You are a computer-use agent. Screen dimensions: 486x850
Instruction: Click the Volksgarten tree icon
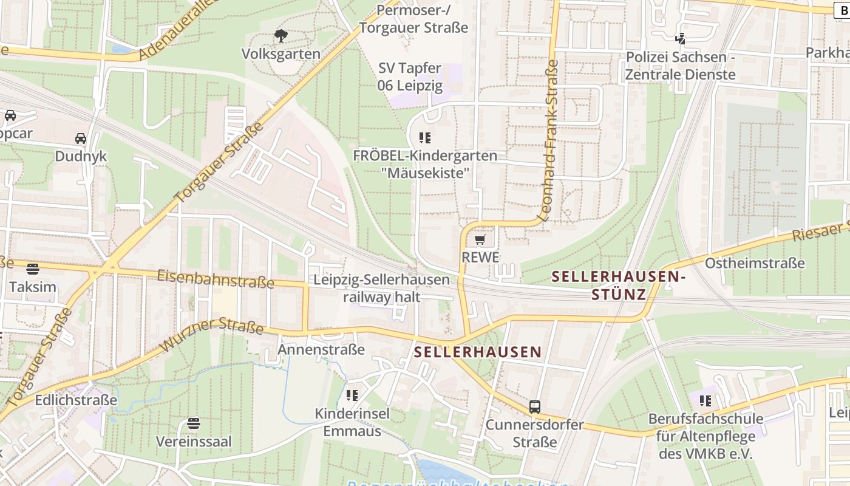pyautogui.click(x=281, y=36)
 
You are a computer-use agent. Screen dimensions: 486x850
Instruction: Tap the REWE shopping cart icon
pyautogui.click(x=480, y=240)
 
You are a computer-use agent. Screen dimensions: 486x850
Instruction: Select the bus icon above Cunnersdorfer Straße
pyautogui.click(x=535, y=406)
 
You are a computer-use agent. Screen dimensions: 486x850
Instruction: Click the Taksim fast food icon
pyautogui.click(x=33, y=269)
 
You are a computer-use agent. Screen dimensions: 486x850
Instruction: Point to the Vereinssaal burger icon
pyautogui.click(x=194, y=423)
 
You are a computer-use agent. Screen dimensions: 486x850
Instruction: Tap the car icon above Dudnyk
pyautogui.click(x=81, y=139)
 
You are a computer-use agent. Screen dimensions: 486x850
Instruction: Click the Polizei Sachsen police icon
pyautogui.click(x=681, y=39)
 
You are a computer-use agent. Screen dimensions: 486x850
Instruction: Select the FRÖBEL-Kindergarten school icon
pyautogui.click(x=425, y=138)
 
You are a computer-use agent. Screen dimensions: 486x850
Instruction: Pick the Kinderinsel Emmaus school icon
pyautogui.click(x=352, y=395)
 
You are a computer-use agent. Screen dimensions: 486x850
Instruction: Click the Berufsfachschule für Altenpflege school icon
pyautogui.click(x=705, y=400)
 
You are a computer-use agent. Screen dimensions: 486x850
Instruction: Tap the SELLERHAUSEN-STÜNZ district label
pyautogui.click(x=619, y=286)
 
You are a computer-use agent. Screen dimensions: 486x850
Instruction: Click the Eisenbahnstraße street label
pyautogui.click(x=216, y=279)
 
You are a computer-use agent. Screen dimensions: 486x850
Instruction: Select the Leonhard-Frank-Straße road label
pyautogui.click(x=548, y=140)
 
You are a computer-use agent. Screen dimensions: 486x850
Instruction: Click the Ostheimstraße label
pyautogui.click(x=755, y=263)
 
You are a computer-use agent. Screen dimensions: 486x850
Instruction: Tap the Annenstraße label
pyautogui.click(x=321, y=349)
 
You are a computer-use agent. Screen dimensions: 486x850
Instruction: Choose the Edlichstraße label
pyautogui.click(x=76, y=400)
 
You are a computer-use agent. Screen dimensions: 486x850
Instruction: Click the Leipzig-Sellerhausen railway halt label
pyautogui.click(x=382, y=289)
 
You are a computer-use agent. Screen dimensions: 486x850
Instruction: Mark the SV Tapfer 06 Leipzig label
pyautogui.click(x=410, y=77)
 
